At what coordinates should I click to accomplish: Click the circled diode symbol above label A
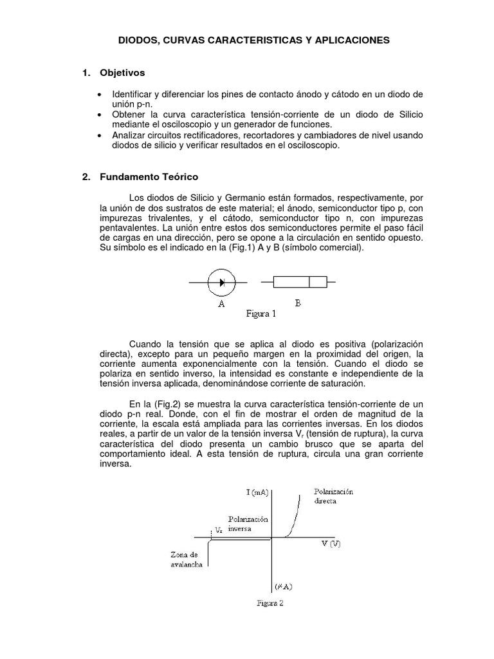pyautogui.click(x=221, y=282)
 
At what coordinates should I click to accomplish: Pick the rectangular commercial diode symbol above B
pyautogui.click(x=300, y=282)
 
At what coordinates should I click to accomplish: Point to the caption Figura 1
pyautogui.click(x=261, y=314)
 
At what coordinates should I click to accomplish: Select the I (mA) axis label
pyautogui.click(x=258, y=492)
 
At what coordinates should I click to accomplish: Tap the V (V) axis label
pyautogui.click(x=331, y=544)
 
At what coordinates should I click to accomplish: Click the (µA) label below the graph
pyautogui.click(x=283, y=586)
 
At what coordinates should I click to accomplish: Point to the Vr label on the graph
pyautogui.click(x=219, y=531)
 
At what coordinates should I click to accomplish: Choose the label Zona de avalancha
pyautogui.click(x=187, y=559)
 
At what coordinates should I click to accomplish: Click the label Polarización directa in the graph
pyautogui.click(x=334, y=496)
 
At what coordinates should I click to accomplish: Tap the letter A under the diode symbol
pyautogui.click(x=221, y=305)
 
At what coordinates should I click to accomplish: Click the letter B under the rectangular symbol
pyautogui.click(x=298, y=304)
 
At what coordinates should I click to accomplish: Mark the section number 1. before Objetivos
pyautogui.click(x=86, y=73)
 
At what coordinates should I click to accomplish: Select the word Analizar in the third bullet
pyautogui.click(x=131, y=136)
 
